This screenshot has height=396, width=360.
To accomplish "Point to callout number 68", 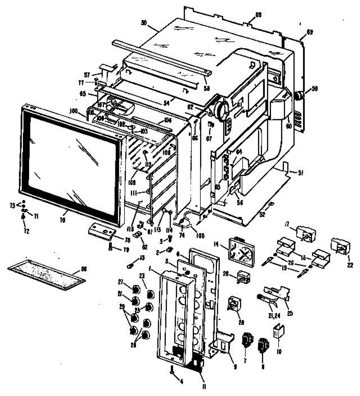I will point(258,15).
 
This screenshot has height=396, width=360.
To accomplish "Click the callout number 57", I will point(87,75).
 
